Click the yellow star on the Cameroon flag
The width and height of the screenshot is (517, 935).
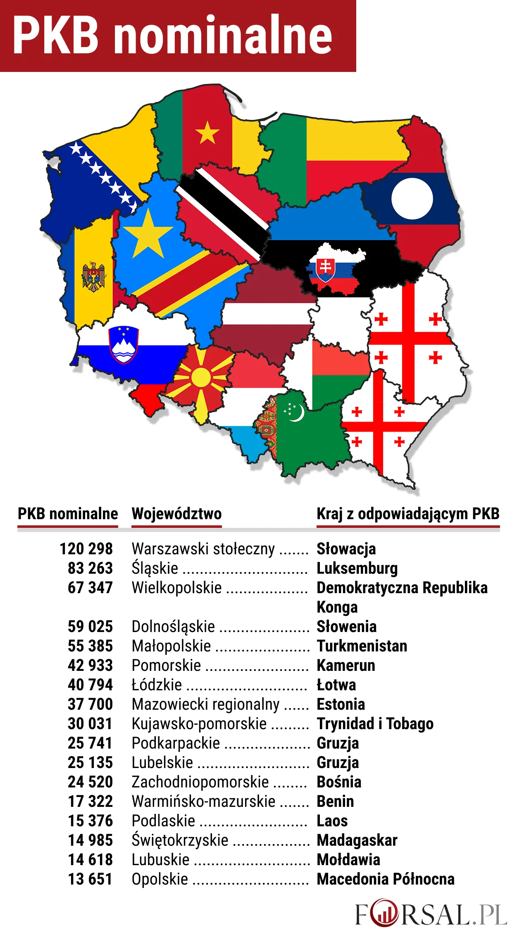[207, 133]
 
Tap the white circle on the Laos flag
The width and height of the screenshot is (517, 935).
[412, 198]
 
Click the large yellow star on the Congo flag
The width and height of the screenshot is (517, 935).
[148, 234]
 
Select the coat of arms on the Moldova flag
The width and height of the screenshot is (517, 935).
[94, 277]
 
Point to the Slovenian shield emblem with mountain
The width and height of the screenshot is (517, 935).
[123, 345]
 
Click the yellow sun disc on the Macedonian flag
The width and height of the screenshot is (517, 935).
[201, 377]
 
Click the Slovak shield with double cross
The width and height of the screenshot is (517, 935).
[326, 269]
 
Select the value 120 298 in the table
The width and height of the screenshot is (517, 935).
[86, 549]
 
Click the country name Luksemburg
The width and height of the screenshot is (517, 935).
[357, 568]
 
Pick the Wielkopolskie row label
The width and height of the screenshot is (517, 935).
[176, 588]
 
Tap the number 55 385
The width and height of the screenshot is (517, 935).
[90, 646]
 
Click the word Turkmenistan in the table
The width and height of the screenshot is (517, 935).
[362, 646]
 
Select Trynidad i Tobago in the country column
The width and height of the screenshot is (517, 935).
[375, 724]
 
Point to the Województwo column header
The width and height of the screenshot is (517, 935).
[176, 514]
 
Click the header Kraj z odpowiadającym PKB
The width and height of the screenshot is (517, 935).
[408, 514]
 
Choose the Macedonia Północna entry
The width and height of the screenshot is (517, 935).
[385, 879]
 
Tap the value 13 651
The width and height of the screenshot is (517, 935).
[90, 879]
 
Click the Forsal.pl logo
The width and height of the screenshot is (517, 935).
[431, 914]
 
